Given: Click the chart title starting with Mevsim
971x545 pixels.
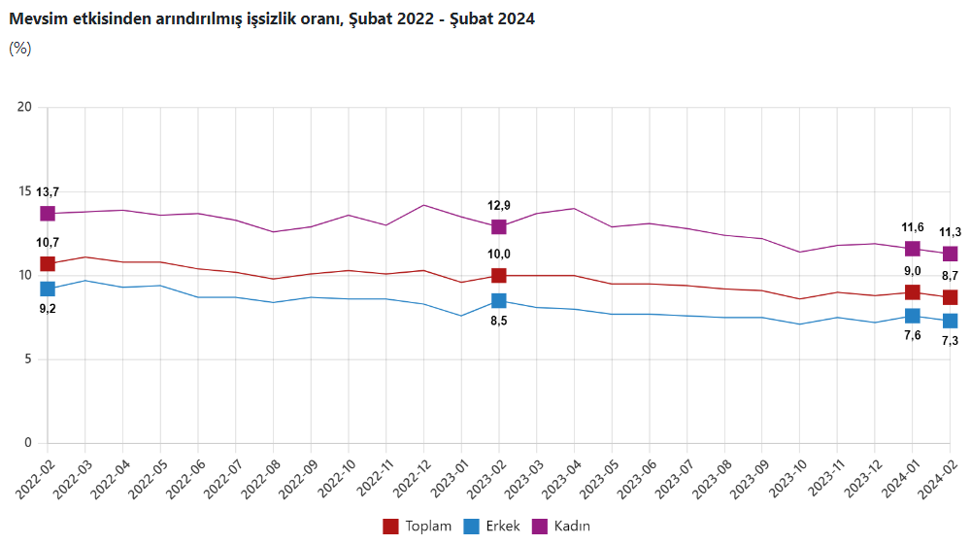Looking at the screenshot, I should [272, 18].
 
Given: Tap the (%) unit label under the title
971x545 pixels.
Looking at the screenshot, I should [20, 49].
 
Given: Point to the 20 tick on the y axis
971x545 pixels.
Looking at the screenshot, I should [25, 107].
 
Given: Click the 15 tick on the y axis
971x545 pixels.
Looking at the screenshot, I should [25, 191].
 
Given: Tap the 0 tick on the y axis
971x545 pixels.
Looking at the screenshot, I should [28, 443].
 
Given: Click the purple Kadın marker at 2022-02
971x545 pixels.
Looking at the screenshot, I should [48, 214].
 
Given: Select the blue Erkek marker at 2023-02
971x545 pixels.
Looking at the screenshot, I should [498, 301].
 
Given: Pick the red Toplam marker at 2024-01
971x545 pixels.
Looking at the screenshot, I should [913, 292].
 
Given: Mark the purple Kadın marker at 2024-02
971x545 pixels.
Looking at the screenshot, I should [950, 254].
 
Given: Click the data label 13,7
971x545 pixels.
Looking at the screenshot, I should [48, 192].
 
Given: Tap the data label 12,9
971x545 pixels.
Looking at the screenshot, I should [498, 205].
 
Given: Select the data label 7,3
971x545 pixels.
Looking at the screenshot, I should [950, 341].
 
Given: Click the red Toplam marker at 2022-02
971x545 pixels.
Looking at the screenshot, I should [48, 264].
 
